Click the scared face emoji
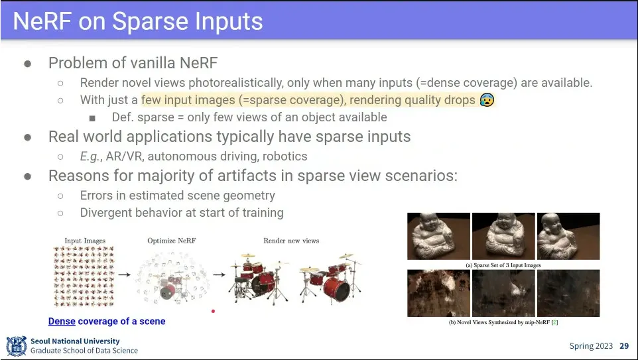click(487, 99)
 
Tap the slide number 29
click(624, 346)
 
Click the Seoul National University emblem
click(17, 346)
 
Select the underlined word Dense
click(62, 322)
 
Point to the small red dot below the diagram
click(213, 311)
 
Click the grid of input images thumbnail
click(84, 276)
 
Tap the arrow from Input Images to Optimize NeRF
click(125, 274)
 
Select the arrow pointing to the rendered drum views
click(220, 274)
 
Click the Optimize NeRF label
click(172, 241)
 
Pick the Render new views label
click(291, 241)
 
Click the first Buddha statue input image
click(438, 236)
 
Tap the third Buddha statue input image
click(568, 236)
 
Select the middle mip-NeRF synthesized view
click(504, 293)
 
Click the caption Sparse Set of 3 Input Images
click(507, 265)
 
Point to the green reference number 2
click(554, 323)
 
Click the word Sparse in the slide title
click(151, 21)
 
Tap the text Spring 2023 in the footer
click(591, 346)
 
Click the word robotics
click(285, 156)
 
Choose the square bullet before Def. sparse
click(92, 119)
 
